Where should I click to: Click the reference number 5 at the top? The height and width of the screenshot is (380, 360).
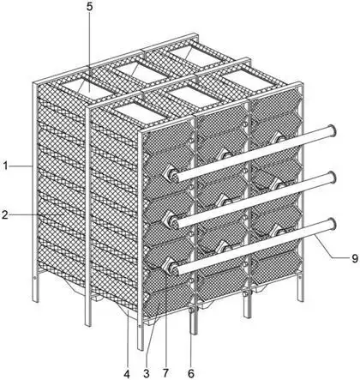(90, 7)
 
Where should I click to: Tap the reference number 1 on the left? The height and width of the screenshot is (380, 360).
(5, 166)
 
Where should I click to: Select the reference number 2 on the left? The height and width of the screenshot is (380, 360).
(4, 214)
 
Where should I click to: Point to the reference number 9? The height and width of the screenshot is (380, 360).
(354, 258)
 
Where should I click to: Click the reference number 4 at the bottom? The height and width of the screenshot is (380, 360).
(127, 374)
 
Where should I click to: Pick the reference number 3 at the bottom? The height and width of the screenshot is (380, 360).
(147, 374)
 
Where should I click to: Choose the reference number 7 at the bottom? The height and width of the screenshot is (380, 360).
(165, 374)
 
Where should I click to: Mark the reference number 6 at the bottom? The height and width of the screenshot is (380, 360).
(191, 374)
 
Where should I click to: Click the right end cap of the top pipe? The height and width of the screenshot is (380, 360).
(332, 131)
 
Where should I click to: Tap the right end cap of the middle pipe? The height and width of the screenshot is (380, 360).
(332, 178)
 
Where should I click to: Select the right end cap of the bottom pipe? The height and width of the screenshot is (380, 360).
(332, 224)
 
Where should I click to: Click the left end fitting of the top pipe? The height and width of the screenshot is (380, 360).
(172, 174)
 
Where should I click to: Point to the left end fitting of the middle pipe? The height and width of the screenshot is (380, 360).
(172, 220)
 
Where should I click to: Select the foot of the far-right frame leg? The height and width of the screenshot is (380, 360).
(300, 299)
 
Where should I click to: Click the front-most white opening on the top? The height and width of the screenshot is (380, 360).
(140, 113)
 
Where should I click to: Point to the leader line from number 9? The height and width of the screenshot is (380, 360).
(332, 246)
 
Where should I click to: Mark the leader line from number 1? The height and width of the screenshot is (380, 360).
(21, 166)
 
